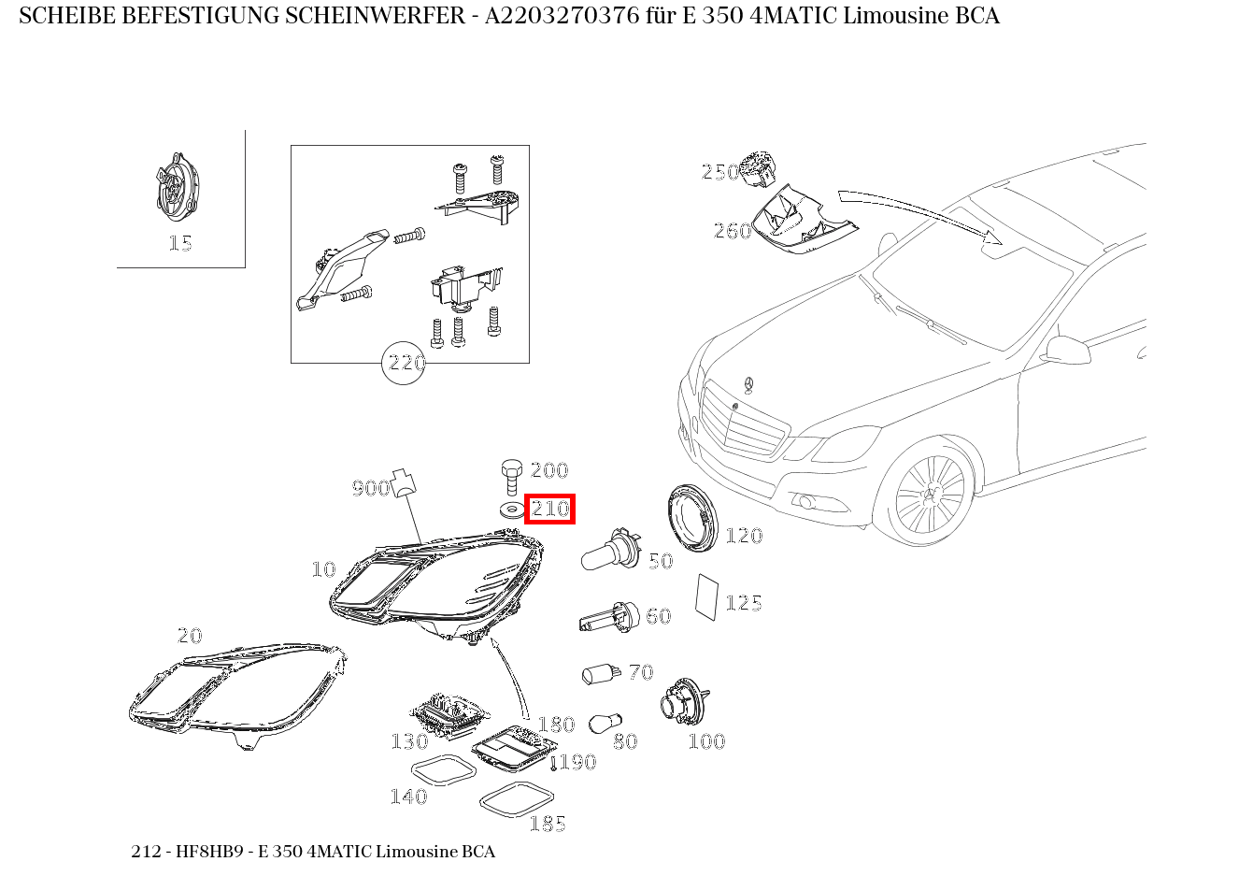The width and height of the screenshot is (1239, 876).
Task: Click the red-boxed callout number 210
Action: [x=549, y=510]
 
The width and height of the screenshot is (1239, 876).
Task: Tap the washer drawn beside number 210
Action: [x=510, y=510]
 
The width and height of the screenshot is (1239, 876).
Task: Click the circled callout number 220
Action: [x=405, y=363]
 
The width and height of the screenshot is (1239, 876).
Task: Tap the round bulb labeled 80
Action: [x=601, y=724]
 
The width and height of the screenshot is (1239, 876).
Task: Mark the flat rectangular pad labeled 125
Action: [x=706, y=596]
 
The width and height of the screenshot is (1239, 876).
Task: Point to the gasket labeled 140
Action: [x=444, y=774]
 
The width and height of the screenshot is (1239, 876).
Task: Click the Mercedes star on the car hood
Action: [x=748, y=385]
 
